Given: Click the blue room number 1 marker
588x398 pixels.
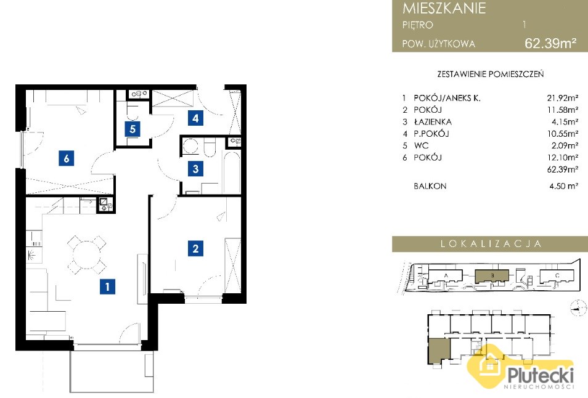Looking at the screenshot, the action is tap(108, 286).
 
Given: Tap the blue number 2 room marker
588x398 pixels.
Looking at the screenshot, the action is tap(195, 248).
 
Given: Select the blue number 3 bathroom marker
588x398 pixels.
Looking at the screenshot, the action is tap(195, 169).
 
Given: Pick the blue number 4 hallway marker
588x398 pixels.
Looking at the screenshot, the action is tap(195, 118).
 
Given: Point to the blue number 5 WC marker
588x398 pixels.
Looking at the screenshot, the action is tap(133, 129).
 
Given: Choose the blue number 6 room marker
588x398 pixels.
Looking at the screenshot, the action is tap(67, 158).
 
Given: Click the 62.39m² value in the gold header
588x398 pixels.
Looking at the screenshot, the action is tap(550, 43).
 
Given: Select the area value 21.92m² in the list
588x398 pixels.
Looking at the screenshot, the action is tap(563, 98).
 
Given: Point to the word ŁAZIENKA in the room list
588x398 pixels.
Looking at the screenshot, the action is tap(433, 122).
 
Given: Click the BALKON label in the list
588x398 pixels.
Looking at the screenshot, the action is tap(430, 186).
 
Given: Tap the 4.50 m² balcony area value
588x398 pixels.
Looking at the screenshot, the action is tap(563, 186).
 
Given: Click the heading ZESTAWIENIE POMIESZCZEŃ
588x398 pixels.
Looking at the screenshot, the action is tap(490, 74).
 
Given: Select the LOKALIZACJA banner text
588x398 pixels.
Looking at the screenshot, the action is tap(491, 244).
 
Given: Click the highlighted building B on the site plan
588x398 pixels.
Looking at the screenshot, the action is tap(492, 276).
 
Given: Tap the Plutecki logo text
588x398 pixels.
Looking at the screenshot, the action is tap(541, 375).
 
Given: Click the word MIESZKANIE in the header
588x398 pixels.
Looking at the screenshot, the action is tap(444, 8).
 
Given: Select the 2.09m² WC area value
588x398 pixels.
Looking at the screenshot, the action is tap(564, 145).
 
